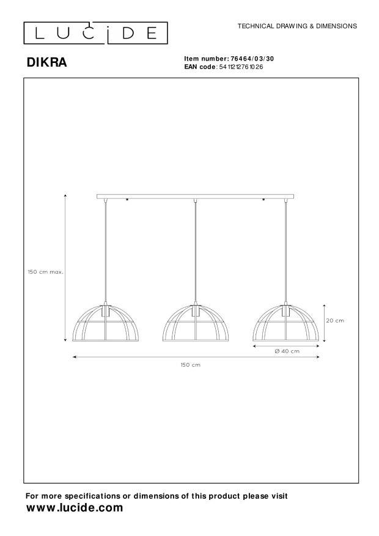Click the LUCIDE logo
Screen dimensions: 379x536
click(96, 33)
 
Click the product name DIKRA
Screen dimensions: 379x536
click(47, 62)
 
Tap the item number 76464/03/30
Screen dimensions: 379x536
click(252, 59)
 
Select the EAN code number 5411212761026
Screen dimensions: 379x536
click(241, 67)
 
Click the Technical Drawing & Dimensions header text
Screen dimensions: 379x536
click(297, 26)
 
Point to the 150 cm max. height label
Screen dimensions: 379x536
click(46, 272)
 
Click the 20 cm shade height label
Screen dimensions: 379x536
click(335, 321)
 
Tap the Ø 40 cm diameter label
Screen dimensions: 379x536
click(287, 351)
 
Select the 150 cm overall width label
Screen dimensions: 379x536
click(191, 365)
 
